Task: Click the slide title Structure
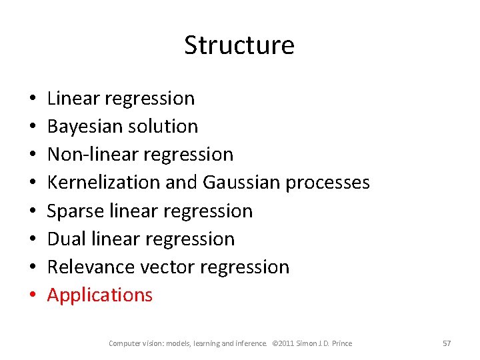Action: point(239,45)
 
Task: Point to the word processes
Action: point(327,183)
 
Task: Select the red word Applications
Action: point(100,295)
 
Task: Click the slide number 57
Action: point(447,343)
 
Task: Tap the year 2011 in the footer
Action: point(289,343)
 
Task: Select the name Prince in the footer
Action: point(341,343)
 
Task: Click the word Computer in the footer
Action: point(125,343)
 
